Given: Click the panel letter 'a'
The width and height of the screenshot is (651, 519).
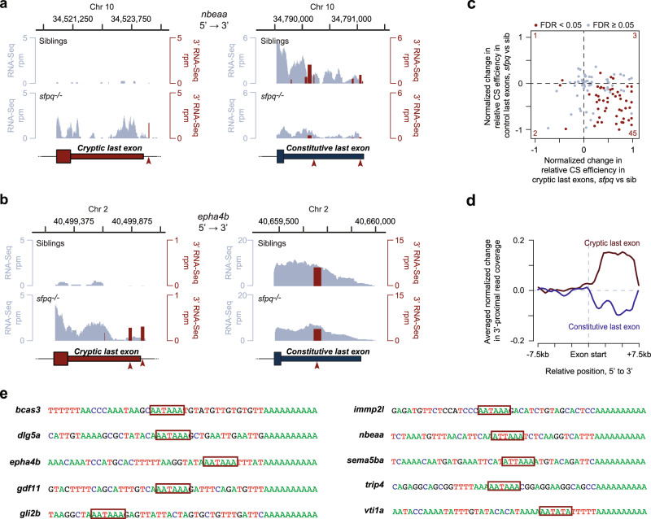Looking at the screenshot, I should click(x=6, y=6).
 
